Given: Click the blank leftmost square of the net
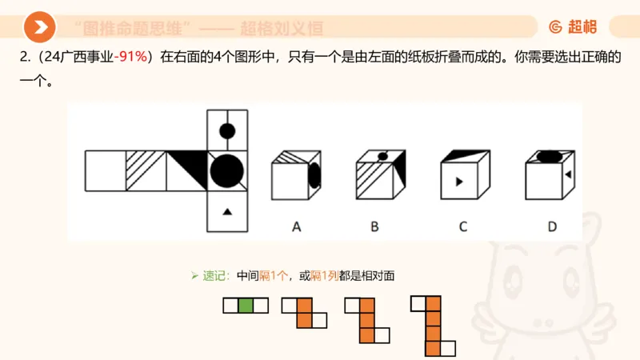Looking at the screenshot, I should click(x=105, y=170).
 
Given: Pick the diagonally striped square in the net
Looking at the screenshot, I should click(x=146, y=170).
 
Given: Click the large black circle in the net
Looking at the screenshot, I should click(x=226, y=170).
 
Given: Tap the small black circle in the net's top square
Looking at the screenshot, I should click(x=227, y=130).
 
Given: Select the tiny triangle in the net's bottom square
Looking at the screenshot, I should click(x=227, y=211).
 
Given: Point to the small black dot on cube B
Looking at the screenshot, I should click(x=382, y=156).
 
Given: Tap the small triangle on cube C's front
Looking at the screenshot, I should click(x=458, y=182).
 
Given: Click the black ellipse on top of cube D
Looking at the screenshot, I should click(x=549, y=156).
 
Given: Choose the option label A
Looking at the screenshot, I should click(x=296, y=226).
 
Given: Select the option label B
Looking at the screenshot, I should click(x=374, y=226).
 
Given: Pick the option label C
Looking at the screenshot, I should click(x=462, y=226).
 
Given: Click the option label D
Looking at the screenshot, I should click(x=552, y=226).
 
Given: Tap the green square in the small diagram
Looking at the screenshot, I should click(x=245, y=305).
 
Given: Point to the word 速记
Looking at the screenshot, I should click(x=214, y=276).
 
